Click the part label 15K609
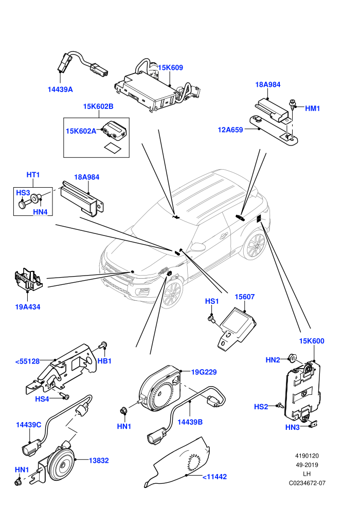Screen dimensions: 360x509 click(x=170, y=68)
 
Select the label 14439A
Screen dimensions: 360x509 click(x=60, y=89)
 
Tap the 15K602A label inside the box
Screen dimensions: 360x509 click(x=81, y=131)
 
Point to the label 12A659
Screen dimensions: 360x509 click(x=230, y=130)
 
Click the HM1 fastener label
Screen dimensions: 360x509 click(x=312, y=108)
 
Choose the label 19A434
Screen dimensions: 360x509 click(x=28, y=307)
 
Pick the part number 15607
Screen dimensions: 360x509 click(x=245, y=297)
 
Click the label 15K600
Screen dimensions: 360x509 click(x=312, y=341)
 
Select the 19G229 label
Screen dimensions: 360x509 click(x=204, y=372)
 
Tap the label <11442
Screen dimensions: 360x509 click(x=214, y=477)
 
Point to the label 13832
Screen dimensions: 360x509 click(x=99, y=460)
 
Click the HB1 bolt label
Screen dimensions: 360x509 click(x=104, y=361)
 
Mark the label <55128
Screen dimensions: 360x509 click(x=27, y=361)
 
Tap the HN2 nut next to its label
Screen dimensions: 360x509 click(x=293, y=358)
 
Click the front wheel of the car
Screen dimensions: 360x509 click(x=173, y=294)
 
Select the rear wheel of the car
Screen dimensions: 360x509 click(x=256, y=245)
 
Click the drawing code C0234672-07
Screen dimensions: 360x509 click(x=307, y=483)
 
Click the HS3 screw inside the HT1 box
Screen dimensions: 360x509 click(x=23, y=204)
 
